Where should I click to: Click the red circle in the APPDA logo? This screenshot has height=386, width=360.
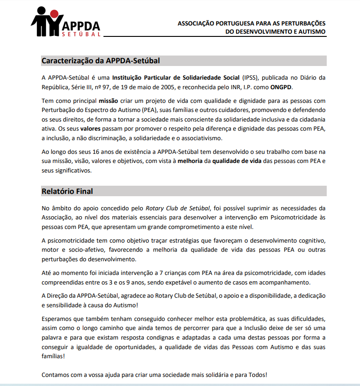[54, 15]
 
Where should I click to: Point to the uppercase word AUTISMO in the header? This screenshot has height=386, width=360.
[312, 31]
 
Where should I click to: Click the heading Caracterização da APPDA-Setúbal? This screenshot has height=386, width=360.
[101, 61]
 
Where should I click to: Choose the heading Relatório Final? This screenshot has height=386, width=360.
[67, 191]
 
